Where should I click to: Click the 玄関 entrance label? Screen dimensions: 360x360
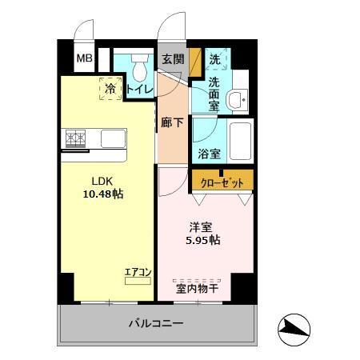pyautogui.click(x=173, y=59)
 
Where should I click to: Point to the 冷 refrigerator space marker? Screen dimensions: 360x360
pyautogui.click(x=111, y=88)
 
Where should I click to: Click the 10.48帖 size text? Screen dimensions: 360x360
pyautogui.click(x=104, y=194)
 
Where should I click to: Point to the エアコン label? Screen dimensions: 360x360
pyautogui.click(x=138, y=272)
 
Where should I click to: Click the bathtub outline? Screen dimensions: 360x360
pyautogui.click(x=240, y=142)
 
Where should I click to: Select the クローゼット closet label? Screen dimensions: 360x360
pyautogui.click(x=222, y=182)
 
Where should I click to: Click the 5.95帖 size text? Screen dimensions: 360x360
pyautogui.click(x=205, y=240)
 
